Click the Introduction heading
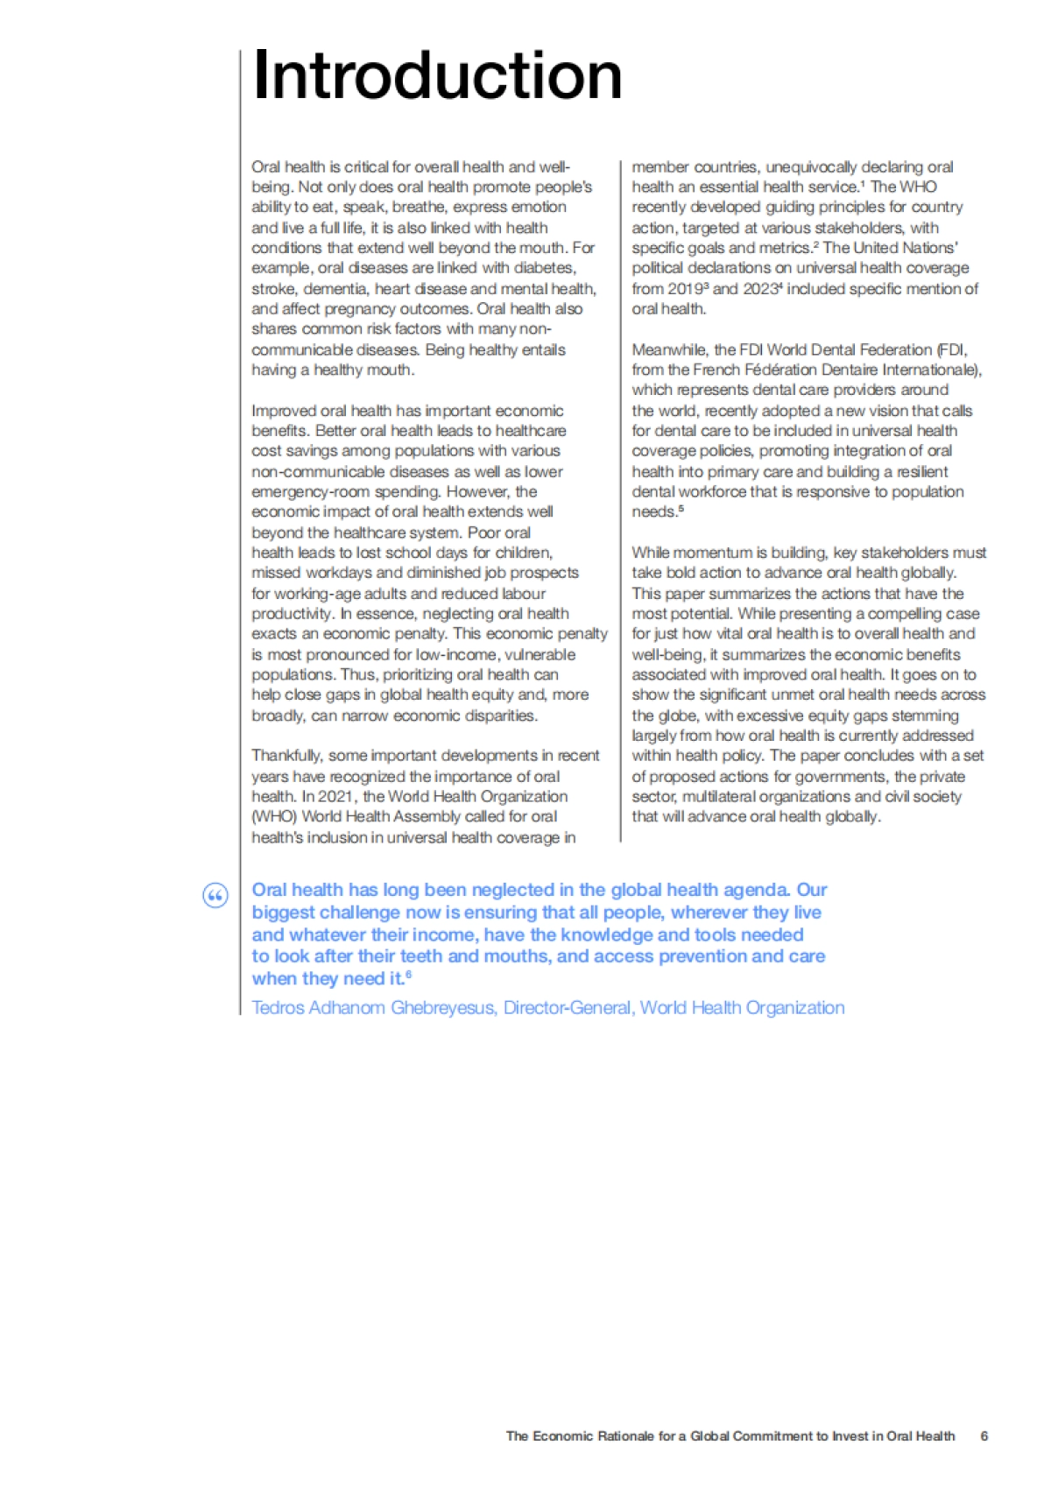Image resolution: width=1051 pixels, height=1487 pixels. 436,76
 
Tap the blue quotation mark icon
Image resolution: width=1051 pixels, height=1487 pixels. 215,895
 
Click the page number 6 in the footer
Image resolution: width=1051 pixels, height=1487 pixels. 984,1436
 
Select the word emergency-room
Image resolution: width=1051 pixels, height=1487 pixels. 311,492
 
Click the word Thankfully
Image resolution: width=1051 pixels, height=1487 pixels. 287,756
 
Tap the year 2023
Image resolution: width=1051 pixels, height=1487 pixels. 761,289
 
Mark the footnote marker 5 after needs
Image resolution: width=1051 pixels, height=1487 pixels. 681,509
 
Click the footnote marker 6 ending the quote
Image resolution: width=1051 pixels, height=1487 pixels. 408,975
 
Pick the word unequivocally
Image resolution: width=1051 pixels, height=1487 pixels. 812,167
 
